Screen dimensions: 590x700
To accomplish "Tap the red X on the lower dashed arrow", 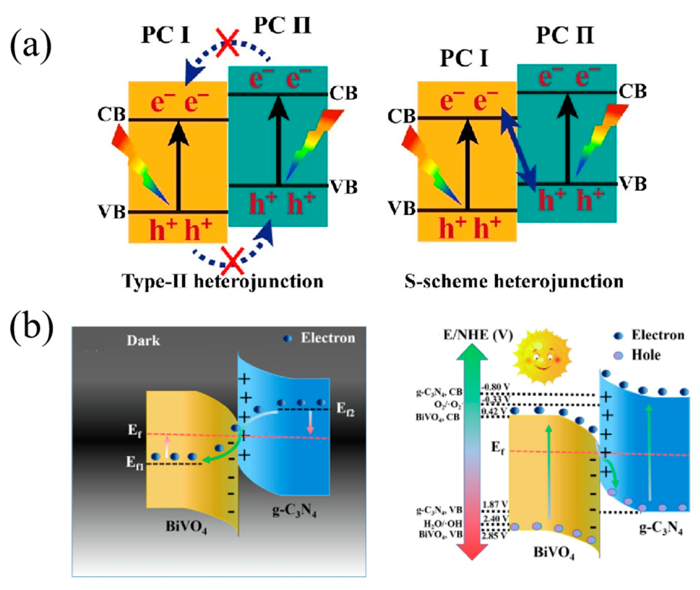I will pos(233,262).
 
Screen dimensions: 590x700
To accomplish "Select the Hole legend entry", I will pos(645,355).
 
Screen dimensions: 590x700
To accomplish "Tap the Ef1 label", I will pos(134,463).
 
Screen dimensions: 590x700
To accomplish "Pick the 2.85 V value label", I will pos(494,536).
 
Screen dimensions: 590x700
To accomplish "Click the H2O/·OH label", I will pos(443,524).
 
